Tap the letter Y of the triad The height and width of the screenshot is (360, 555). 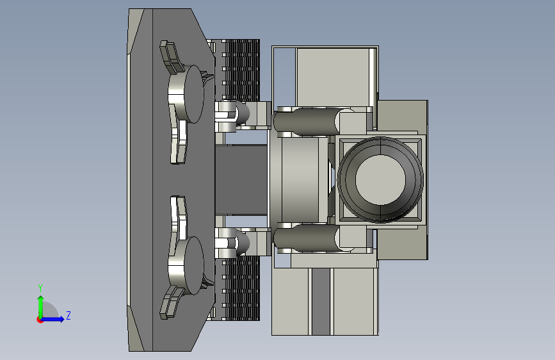(x=40, y=288)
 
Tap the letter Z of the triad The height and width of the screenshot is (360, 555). (x=68, y=315)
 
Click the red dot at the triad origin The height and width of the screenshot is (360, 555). (x=40, y=320)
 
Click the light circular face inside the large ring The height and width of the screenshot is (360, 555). (x=380, y=179)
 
